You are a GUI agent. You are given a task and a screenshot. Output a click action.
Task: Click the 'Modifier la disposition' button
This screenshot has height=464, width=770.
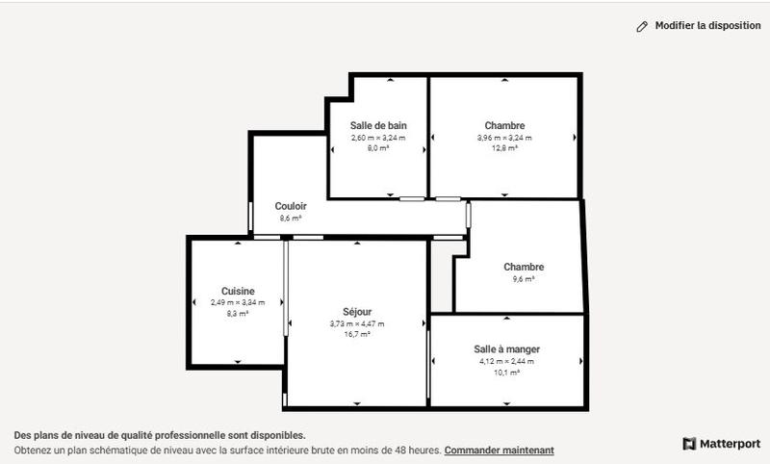tap(707, 26)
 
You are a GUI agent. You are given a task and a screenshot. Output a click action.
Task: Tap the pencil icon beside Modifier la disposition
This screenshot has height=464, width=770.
tap(642, 27)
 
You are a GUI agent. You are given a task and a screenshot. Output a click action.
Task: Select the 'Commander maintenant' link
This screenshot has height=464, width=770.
tap(499, 450)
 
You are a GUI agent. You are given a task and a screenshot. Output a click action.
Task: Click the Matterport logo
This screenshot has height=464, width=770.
tap(721, 444)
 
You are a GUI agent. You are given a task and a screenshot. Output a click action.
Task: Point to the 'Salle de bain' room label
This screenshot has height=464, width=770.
tap(378, 125)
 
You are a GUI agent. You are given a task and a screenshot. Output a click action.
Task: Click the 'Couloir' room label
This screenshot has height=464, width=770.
tap(291, 206)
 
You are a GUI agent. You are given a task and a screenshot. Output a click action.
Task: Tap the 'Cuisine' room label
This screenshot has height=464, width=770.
tap(238, 291)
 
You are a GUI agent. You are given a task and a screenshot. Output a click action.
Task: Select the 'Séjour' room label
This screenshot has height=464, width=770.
tap(357, 311)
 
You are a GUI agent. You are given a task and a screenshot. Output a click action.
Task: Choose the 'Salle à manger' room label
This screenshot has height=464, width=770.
tap(506, 348)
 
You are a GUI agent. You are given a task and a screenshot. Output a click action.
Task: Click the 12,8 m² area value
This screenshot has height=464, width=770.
tap(504, 149)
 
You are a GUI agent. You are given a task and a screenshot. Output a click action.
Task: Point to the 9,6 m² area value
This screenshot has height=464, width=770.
tap(524, 279)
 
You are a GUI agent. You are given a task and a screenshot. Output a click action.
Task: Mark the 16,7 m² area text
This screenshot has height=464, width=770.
tap(357, 335)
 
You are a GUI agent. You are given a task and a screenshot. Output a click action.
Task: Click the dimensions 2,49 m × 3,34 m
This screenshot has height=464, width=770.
tap(238, 302)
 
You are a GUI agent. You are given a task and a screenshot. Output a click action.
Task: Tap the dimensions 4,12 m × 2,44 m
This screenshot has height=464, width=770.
tap(506, 361)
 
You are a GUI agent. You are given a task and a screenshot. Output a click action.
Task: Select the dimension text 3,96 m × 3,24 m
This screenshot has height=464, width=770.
tap(504, 138)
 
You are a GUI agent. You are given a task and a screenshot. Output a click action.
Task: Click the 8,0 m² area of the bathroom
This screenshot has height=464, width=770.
tap(378, 149)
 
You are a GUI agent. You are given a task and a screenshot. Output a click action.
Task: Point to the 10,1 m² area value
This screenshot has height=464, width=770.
tap(506, 373)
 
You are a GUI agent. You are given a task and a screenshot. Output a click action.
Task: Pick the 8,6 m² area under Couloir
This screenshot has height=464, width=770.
tap(291, 219)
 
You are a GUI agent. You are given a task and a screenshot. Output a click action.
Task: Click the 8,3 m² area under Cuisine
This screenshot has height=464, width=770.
tap(238, 314)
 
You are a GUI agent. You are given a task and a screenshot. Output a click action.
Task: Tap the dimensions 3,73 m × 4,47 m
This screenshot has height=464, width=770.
tap(357, 323)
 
